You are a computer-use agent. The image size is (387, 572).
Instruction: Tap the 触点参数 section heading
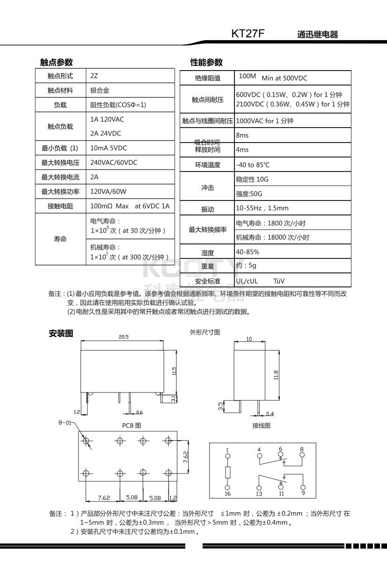coord(56,63)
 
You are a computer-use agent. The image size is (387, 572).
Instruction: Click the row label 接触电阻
coord(60,206)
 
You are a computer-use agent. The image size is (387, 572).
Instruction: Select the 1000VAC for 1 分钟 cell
coord(264,121)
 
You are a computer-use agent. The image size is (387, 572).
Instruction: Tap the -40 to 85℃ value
coord(253,164)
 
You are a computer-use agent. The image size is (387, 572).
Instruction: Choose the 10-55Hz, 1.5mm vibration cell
coord(262,208)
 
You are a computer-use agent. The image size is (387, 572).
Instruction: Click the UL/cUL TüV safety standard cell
coord(260,281)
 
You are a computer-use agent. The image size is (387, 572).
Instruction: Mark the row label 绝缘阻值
coord(207,78)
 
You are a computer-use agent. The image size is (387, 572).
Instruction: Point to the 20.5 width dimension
coord(124,336)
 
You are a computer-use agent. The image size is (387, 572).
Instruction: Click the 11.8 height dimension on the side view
coord(276,375)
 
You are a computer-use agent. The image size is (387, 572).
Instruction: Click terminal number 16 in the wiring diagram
coord(227,493)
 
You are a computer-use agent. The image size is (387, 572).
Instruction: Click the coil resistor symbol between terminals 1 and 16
coord(227,472)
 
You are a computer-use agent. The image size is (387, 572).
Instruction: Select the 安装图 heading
coord(61,333)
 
